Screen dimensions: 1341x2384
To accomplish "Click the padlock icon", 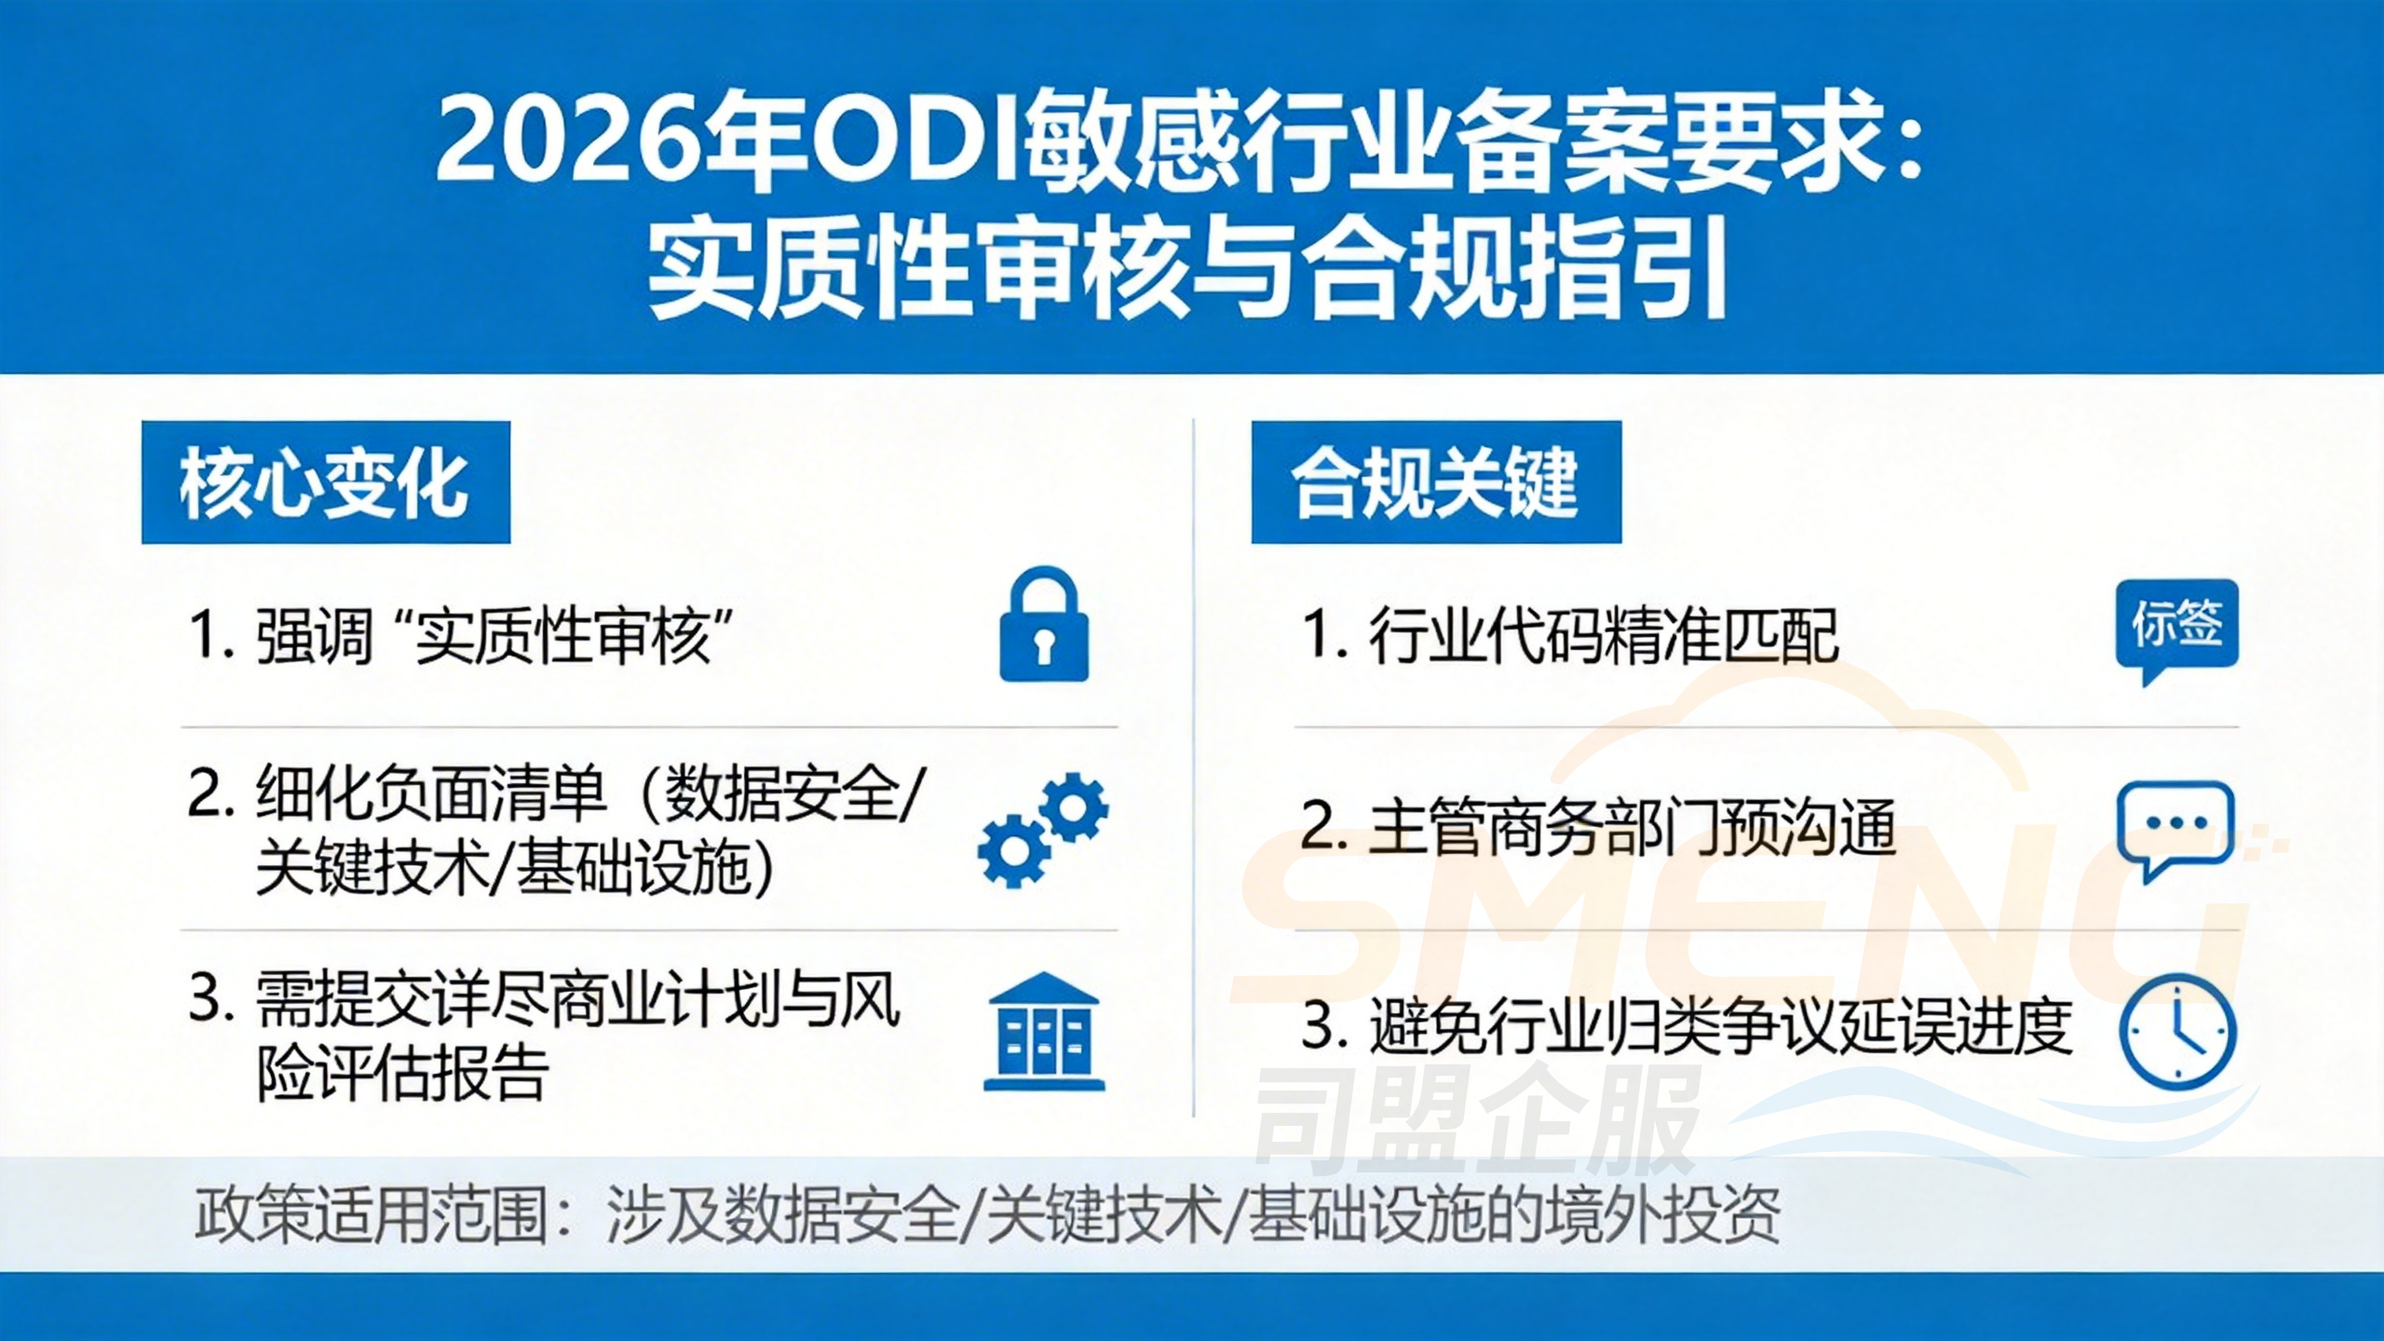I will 1043,625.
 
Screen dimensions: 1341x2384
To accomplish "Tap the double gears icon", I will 1044,829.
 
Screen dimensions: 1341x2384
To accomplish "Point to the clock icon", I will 2176,1031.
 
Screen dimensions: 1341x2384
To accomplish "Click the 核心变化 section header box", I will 326,482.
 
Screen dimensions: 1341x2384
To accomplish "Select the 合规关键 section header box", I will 1435,482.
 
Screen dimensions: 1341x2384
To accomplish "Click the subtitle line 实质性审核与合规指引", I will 1188,270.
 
